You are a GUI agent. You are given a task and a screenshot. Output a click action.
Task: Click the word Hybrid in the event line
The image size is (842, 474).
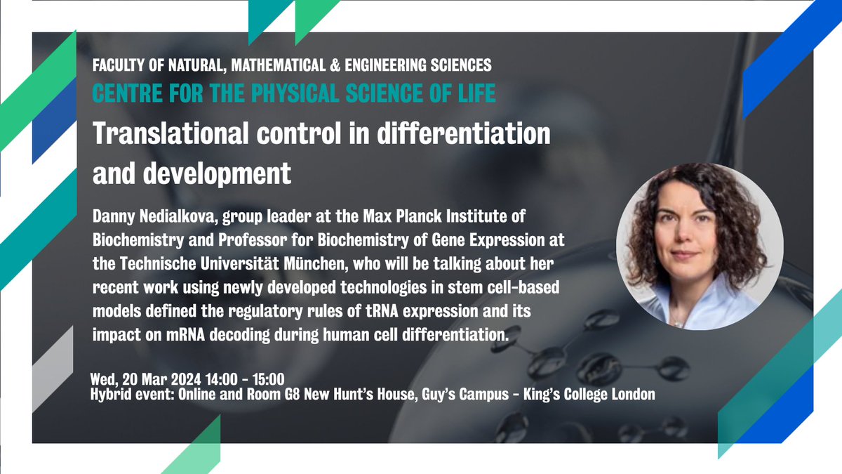pos(110,395)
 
